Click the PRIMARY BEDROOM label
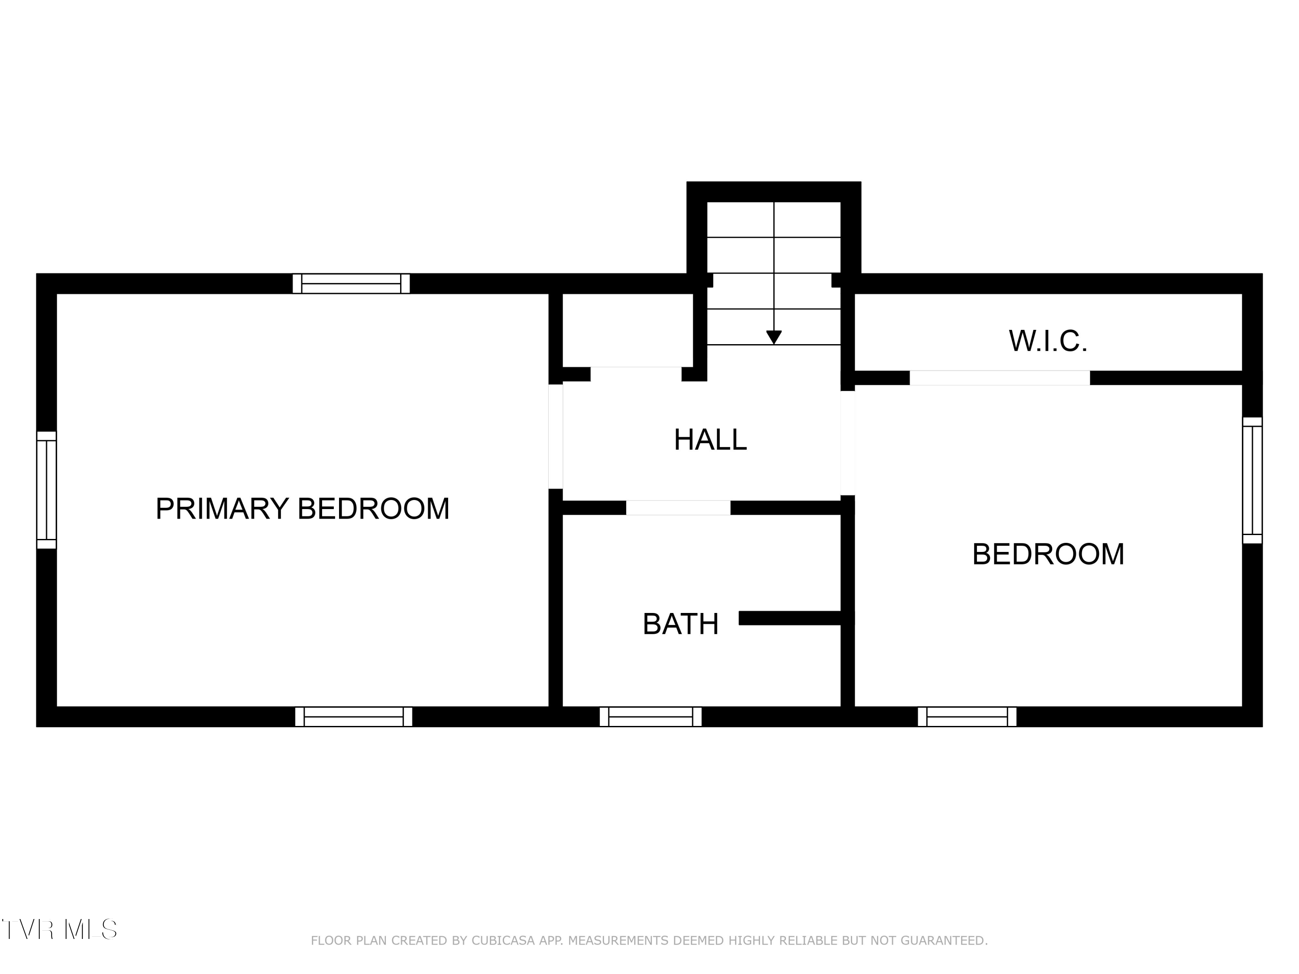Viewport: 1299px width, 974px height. coord(302,509)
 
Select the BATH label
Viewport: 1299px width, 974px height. coord(681,624)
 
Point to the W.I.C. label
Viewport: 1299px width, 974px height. coord(1048,341)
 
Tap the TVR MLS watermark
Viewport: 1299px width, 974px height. coord(59,929)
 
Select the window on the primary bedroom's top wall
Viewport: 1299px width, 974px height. coord(351,284)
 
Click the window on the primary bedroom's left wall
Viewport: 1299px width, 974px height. coord(46,490)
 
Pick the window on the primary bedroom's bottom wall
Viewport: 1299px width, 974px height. coord(353,716)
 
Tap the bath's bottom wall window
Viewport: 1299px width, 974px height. coord(651,716)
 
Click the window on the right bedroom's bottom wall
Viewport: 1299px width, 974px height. coord(967,716)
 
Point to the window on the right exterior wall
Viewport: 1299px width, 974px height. coord(1252,480)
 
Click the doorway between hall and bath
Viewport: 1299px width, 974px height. coord(678,508)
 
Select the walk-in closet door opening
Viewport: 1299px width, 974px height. coord(999,378)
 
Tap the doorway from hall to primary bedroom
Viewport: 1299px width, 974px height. coord(556,436)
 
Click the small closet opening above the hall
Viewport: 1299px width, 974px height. coord(636,374)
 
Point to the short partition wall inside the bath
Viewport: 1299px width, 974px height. coord(793,618)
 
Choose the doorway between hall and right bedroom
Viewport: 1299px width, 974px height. coord(847,443)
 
